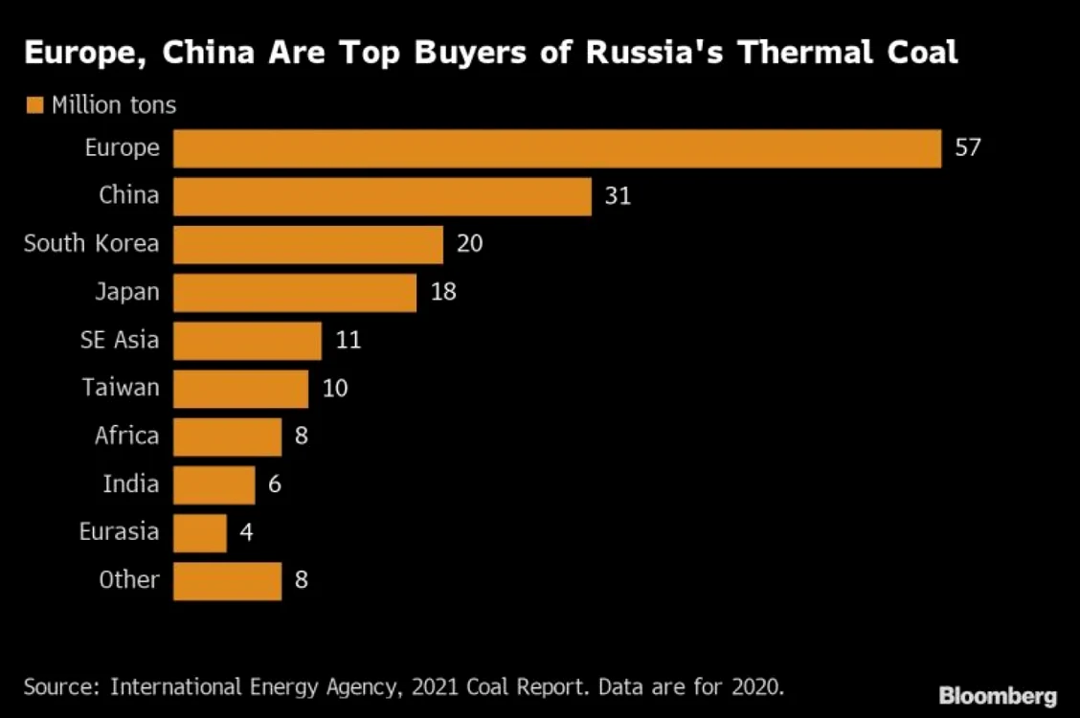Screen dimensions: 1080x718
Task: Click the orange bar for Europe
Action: [557, 148]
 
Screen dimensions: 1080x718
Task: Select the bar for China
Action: [382, 197]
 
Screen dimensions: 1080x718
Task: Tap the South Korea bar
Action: [308, 244]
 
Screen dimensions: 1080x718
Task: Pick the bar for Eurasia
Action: [200, 533]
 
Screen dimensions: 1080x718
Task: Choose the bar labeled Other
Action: [227, 581]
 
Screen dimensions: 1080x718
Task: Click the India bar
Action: [214, 484]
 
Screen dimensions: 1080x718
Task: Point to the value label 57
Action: [968, 148]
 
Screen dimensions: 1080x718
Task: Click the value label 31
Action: [618, 196]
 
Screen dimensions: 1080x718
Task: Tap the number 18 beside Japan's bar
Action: [443, 292]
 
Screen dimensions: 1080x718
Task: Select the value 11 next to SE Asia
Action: [349, 340]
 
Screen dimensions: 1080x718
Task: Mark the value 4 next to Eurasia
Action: [247, 532]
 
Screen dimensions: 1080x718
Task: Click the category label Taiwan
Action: [121, 388]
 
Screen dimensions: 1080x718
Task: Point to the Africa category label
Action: [126, 436]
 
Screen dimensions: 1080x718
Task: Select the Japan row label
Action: [127, 293]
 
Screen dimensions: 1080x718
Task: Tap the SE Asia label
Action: [120, 340]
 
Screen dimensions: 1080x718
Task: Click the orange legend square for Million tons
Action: [34, 105]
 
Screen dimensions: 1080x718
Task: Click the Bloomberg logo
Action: [998, 696]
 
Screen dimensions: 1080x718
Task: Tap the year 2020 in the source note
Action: [757, 687]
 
